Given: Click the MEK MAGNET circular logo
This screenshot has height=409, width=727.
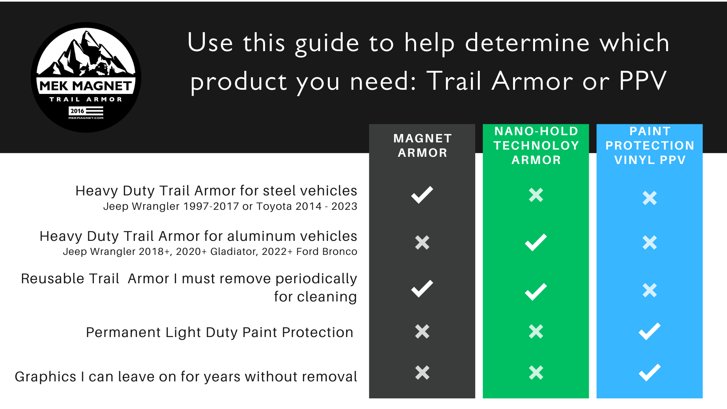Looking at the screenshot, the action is (x=86, y=77).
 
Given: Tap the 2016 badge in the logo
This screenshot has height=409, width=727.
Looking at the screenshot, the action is (x=77, y=111).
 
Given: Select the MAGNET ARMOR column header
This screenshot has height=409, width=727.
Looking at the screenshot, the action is (x=422, y=145).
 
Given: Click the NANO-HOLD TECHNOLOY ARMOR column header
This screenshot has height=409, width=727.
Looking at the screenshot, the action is (x=536, y=145).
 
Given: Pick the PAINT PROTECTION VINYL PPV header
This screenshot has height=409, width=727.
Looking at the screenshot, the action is (x=650, y=145).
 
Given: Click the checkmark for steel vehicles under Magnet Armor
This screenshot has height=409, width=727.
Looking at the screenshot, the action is (x=422, y=195).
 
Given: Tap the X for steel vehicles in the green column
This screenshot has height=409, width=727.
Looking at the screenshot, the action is (x=536, y=195).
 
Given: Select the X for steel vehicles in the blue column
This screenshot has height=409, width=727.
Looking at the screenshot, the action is (x=650, y=198).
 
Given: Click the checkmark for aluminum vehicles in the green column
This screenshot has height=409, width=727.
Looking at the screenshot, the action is (x=536, y=242).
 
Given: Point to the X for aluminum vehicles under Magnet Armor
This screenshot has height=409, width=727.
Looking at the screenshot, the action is (x=422, y=242).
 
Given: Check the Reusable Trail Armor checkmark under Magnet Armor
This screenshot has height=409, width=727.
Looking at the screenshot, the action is (x=422, y=289).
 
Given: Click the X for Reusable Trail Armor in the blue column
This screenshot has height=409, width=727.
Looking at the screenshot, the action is (x=650, y=290).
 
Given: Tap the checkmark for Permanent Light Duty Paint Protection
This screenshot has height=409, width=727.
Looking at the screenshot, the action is (x=650, y=331).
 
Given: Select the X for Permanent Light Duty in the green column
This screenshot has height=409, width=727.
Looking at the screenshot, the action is (x=536, y=331).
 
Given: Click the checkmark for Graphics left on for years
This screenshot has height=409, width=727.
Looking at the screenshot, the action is (x=650, y=373).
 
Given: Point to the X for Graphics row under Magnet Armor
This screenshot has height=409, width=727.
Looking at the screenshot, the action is (x=422, y=373).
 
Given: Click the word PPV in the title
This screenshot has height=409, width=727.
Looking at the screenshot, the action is (x=643, y=81).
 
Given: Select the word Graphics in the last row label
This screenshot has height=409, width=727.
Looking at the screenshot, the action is (x=45, y=377).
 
